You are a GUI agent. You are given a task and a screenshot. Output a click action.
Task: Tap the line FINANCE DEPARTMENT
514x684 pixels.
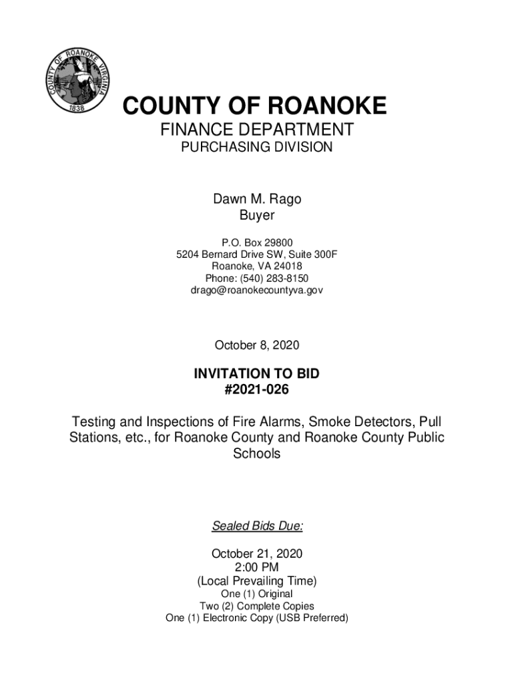coord(257,130)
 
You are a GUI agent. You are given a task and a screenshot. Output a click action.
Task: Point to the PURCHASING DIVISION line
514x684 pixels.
coord(257,147)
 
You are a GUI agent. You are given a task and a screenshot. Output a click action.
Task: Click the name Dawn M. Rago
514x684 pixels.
coord(257,199)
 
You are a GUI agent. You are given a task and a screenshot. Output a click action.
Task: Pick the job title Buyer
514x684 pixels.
coord(257,216)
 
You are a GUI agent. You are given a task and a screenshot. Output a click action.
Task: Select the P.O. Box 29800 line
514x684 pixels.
coord(257,242)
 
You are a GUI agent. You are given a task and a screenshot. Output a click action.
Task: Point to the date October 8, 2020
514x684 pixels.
coord(257,345)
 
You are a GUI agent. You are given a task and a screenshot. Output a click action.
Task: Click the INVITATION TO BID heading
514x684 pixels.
coord(257,374)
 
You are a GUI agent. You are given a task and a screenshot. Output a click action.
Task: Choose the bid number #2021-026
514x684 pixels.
coord(257,389)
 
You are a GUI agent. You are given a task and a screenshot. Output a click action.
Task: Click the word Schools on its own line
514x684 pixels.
coord(257,454)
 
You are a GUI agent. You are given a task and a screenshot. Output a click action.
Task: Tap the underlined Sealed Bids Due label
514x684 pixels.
coord(257,526)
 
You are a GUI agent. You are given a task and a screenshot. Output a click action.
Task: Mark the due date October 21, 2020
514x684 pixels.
coord(257,554)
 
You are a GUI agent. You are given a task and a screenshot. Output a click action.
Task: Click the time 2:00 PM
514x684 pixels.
coord(257,567)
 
